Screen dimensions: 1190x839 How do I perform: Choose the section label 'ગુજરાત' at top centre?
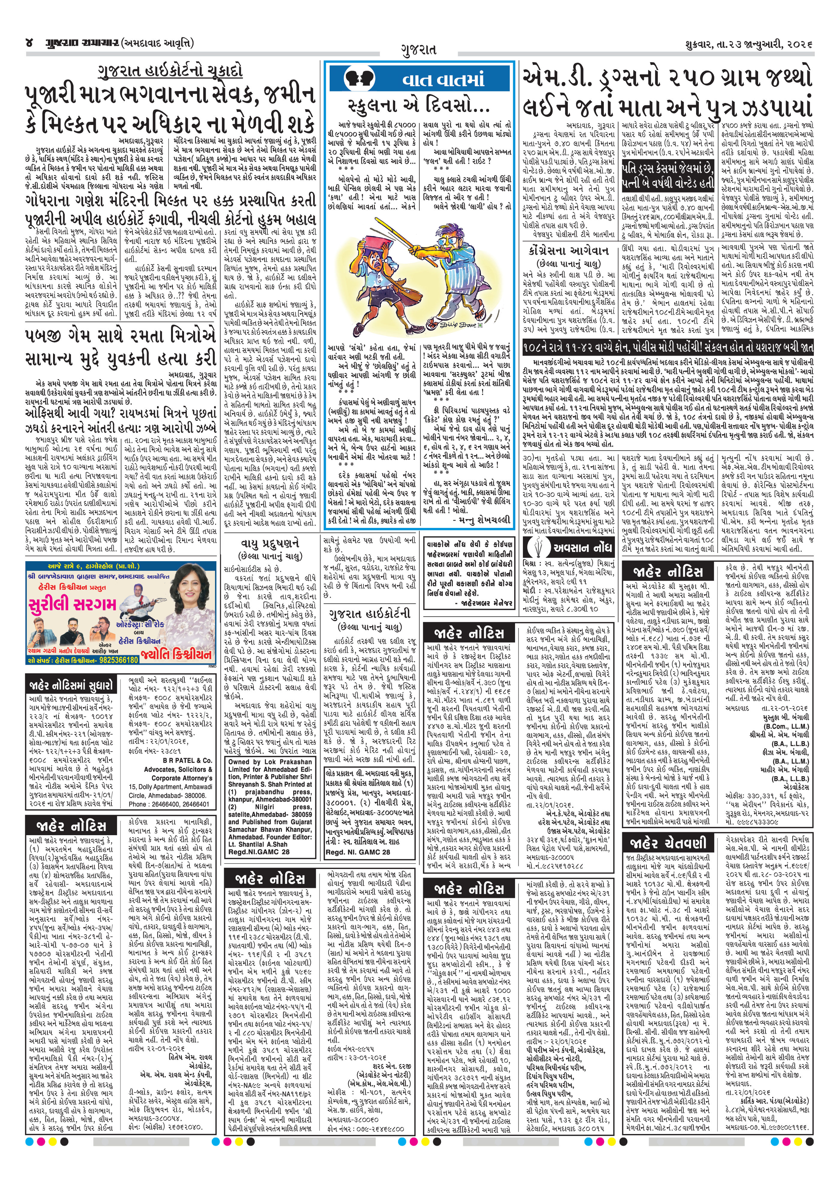click(418, 50)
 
